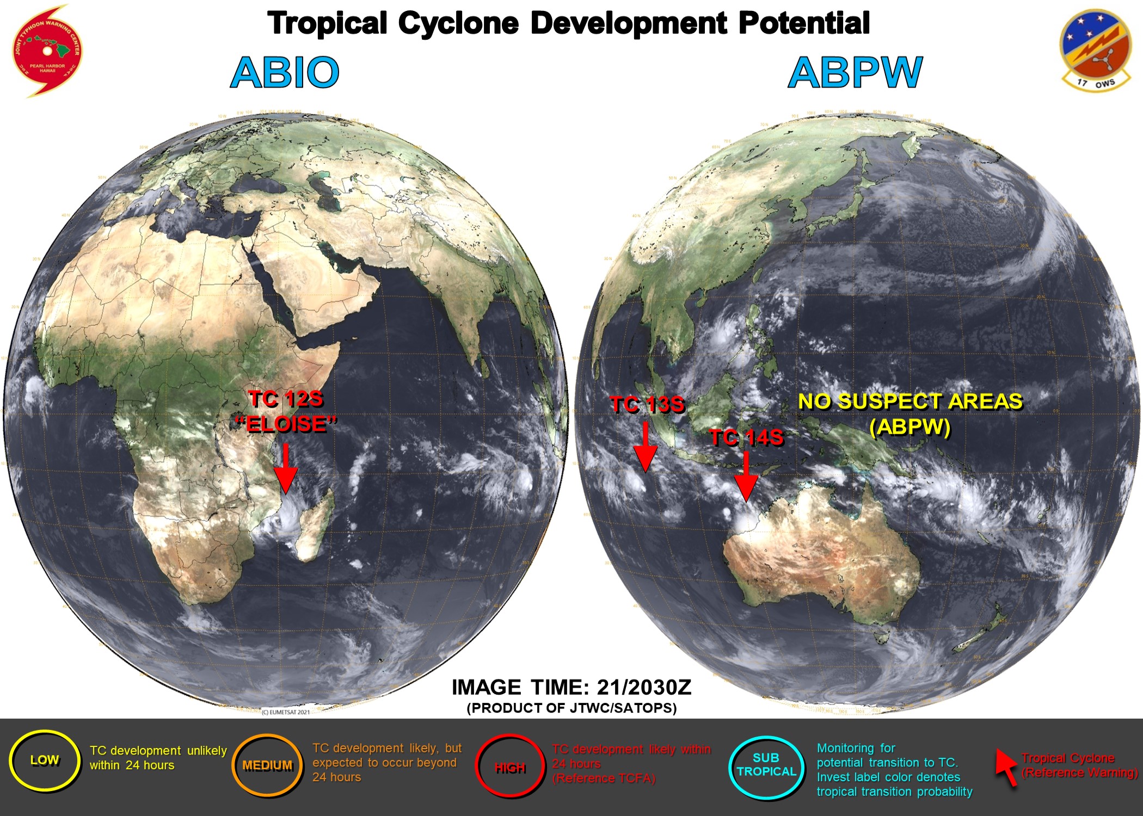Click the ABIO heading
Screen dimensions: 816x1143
(x=285, y=72)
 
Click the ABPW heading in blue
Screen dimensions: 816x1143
(x=855, y=72)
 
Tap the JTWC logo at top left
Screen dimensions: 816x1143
(x=47, y=51)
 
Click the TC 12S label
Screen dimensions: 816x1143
(x=286, y=399)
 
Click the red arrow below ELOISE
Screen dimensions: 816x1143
(x=285, y=468)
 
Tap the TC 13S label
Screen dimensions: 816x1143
(x=647, y=405)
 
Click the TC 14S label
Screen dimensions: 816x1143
(x=746, y=437)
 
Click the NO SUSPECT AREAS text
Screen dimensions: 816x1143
(x=910, y=401)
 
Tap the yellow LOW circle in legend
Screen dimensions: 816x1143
(x=45, y=760)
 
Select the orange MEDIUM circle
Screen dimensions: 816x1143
(x=267, y=765)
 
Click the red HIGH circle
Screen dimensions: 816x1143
(x=510, y=767)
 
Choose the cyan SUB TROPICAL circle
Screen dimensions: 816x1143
(x=766, y=765)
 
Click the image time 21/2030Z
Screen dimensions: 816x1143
(x=644, y=688)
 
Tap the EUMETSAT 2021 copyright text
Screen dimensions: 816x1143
(x=286, y=712)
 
